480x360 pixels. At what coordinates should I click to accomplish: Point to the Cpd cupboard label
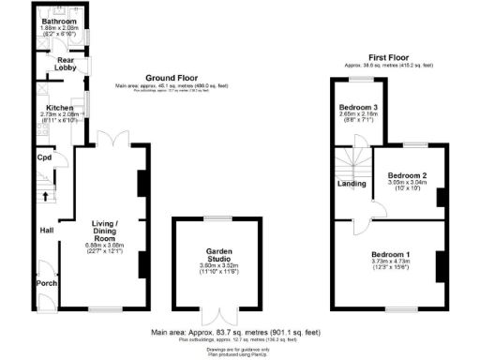pyautogui.click(x=44, y=157)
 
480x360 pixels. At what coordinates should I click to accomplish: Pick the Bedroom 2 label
pyautogui.click(x=408, y=175)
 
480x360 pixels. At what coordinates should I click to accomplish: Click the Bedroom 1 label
pyautogui.click(x=392, y=255)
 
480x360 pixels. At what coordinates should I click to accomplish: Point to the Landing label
pyautogui.click(x=352, y=184)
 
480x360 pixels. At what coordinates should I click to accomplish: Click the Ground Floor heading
pyautogui.click(x=170, y=78)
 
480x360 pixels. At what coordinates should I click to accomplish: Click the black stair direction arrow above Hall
pyautogui.click(x=45, y=196)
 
